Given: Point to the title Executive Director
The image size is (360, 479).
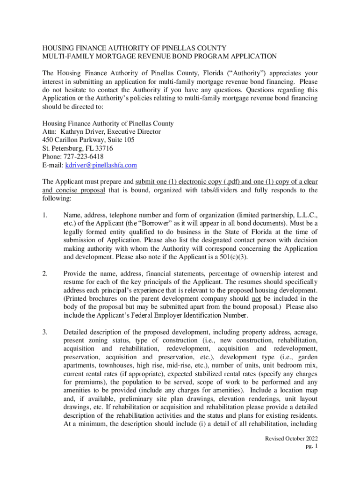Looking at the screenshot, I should (x=133, y=132).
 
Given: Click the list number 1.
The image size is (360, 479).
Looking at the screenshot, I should (x=44, y=215).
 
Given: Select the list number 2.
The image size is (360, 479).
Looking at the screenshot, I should (x=44, y=274).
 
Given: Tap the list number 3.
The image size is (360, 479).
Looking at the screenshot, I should (x=44, y=332).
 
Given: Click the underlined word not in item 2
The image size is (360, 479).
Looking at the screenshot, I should (x=256, y=299).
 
